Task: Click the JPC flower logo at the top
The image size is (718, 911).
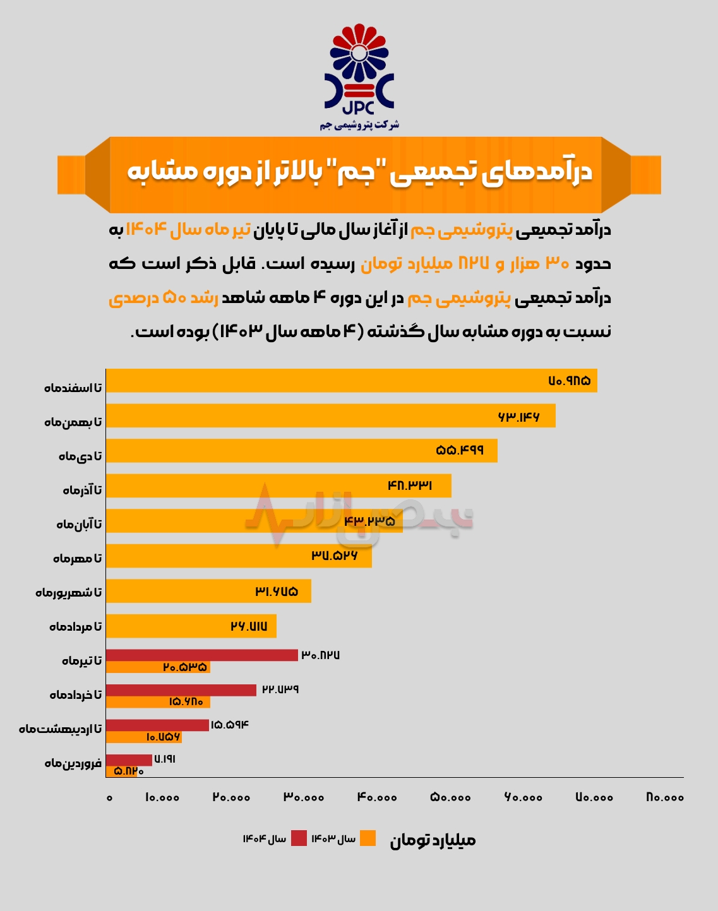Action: point(359,69)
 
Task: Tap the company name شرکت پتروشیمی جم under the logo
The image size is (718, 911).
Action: point(359,125)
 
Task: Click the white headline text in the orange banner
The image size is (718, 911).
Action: point(359,172)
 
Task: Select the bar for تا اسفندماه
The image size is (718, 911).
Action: point(351,381)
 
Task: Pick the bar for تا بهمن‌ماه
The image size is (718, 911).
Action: point(330,416)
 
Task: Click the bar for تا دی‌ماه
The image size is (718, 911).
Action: point(301,451)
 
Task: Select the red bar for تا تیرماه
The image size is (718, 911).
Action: point(201,655)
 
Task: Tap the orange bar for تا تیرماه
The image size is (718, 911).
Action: point(158,667)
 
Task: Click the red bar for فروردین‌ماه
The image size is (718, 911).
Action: point(129,760)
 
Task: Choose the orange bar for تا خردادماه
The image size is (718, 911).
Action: point(158,702)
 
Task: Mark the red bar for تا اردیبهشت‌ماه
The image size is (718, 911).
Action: point(157,725)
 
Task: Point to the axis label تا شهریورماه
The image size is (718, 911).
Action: point(69,593)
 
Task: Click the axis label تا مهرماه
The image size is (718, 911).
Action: point(77,559)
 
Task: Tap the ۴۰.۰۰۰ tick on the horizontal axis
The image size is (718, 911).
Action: point(377,797)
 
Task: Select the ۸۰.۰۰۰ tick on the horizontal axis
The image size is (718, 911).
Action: point(665,797)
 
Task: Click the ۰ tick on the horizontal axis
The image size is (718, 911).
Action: point(110,798)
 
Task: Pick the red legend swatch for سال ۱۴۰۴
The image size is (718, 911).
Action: point(299,838)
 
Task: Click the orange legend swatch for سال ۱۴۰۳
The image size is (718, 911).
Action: point(368,838)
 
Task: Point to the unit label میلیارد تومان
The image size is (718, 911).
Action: point(433,840)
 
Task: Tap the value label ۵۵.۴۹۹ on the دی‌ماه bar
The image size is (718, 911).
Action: point(460,450)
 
